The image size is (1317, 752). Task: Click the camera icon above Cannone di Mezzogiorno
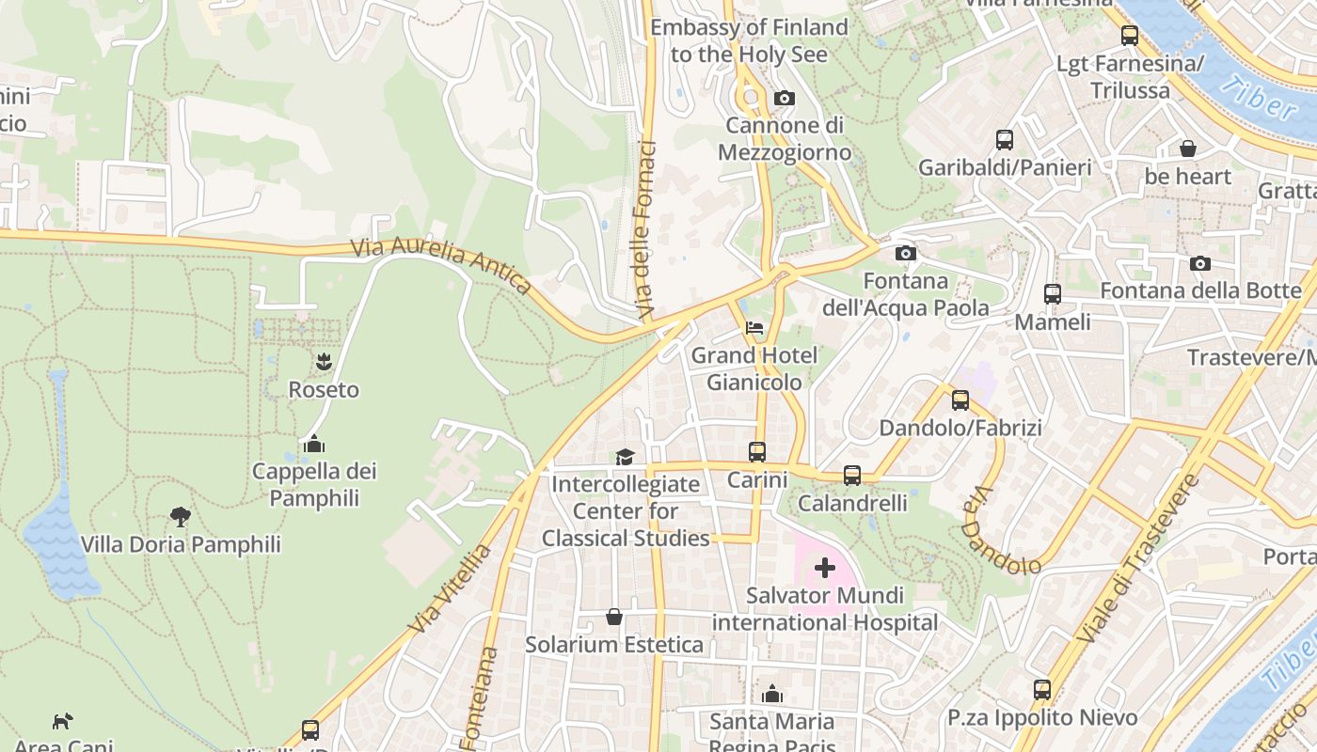[x=784, y=99]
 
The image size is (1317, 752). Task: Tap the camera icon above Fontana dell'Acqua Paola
[x=906, y=253]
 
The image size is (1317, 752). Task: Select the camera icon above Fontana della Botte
[x=1200, y=264]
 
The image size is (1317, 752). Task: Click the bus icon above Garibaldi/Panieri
[x=1005, y=140]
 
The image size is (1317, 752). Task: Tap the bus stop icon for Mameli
[x=1053, y=294]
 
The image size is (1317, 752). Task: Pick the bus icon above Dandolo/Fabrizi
[x=960, y=400]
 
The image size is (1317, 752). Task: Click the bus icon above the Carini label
[x=757, y=452]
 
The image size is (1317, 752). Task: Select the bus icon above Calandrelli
[x=852, y=476]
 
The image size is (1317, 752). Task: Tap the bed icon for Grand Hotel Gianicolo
[x=754, y=328]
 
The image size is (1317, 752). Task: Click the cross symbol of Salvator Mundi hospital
[x=825, y=568]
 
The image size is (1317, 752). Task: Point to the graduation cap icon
[x=625, y=457]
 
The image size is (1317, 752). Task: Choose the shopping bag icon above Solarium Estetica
[x=614, y=617]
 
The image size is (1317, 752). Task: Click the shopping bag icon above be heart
[x=1188, y=149]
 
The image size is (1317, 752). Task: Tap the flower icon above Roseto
[x=324, y=361]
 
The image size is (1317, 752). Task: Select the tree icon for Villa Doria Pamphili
[x=180, y=516]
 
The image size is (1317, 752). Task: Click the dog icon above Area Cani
[x=62, y=721]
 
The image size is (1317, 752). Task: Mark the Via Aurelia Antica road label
[x=441, y=266]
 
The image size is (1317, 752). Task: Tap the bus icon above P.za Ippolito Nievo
[x=1042, y=690]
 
